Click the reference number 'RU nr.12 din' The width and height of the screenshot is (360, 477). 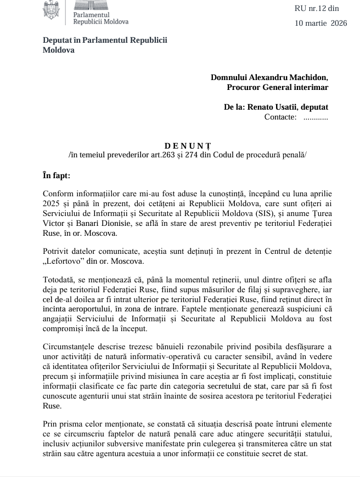tap(317, 9)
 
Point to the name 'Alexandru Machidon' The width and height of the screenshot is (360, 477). tap(291, 77)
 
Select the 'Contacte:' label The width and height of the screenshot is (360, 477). tap(280, 117)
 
